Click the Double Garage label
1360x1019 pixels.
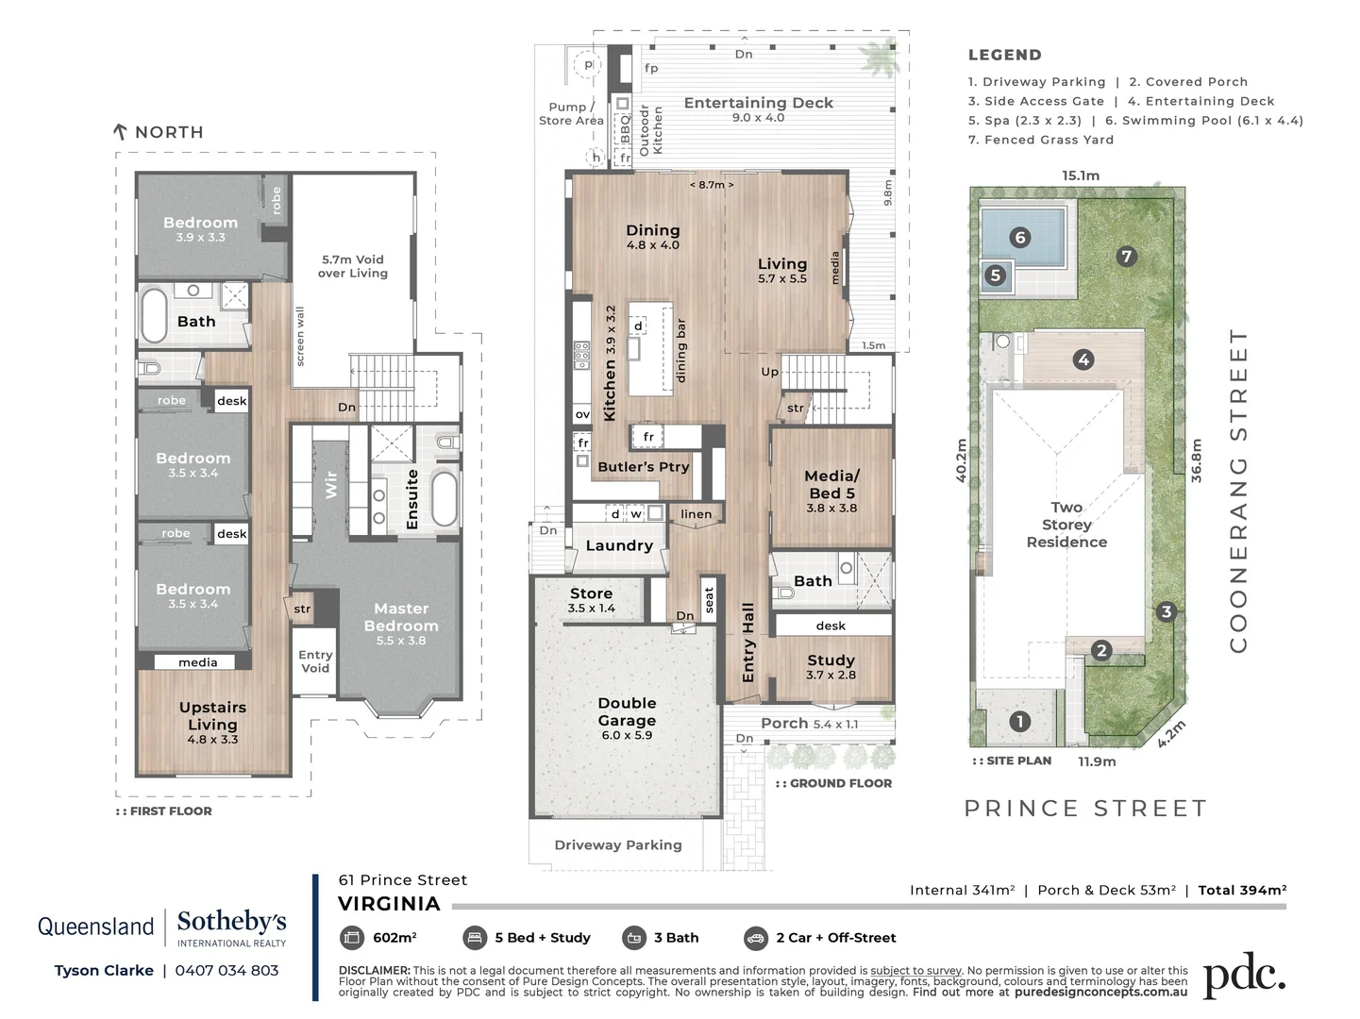click(x=627, y=712)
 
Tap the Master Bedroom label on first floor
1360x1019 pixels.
click(x=401, y=617)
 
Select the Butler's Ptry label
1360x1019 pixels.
click(x=644, y=466)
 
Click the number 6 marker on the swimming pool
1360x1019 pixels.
click(x=1019, y=238)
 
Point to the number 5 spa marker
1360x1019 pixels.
click(x=995, y=276)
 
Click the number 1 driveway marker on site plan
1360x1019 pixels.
click(x=1019, y=722)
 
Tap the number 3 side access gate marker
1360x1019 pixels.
click(x=1167, y=611)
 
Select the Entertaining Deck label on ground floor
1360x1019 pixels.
click(x=758, y=103)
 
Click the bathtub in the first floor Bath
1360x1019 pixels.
click(x=154, y=315)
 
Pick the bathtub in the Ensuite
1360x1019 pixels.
click(x=445, y=498)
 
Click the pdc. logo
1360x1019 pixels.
click(x=1244, y=977)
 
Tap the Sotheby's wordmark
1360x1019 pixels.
click(x=231, y=921)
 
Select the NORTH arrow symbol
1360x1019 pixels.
click(x=120, y=132)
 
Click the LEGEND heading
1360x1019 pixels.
click(x=1004, y=55)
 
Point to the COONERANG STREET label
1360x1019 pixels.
click(x=1238, y=491)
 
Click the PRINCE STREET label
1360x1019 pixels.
click(x=1085, y=809)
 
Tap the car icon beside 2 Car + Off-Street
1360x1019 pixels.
click(x=755, y=938)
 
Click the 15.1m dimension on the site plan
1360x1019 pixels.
click(x=1080, y=175)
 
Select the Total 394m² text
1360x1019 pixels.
click(x=1242, y=890)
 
